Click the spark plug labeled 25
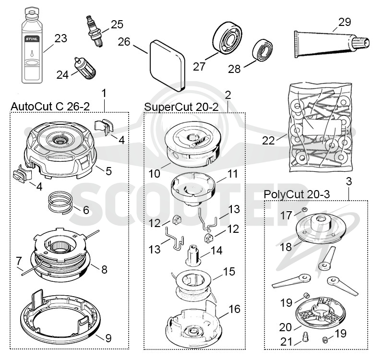(x=94, y=31)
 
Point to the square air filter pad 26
(x=167, y=66)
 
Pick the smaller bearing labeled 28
(x=262, y=49)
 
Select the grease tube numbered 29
(x=332, y=44)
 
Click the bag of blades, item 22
(x=320, y=128)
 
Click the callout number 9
(x=108, y=338)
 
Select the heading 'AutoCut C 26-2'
(x=50, y=107)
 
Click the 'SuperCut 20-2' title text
(x=181, y=107)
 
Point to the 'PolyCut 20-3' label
(x=297, y=194)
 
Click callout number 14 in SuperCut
(x=216, y=251)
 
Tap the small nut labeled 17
(x=304, y=209)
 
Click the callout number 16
(x=234, y=309)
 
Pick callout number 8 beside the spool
(x=104, y=269)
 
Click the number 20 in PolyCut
(x=286, y=327)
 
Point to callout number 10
(x=154, y=174)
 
